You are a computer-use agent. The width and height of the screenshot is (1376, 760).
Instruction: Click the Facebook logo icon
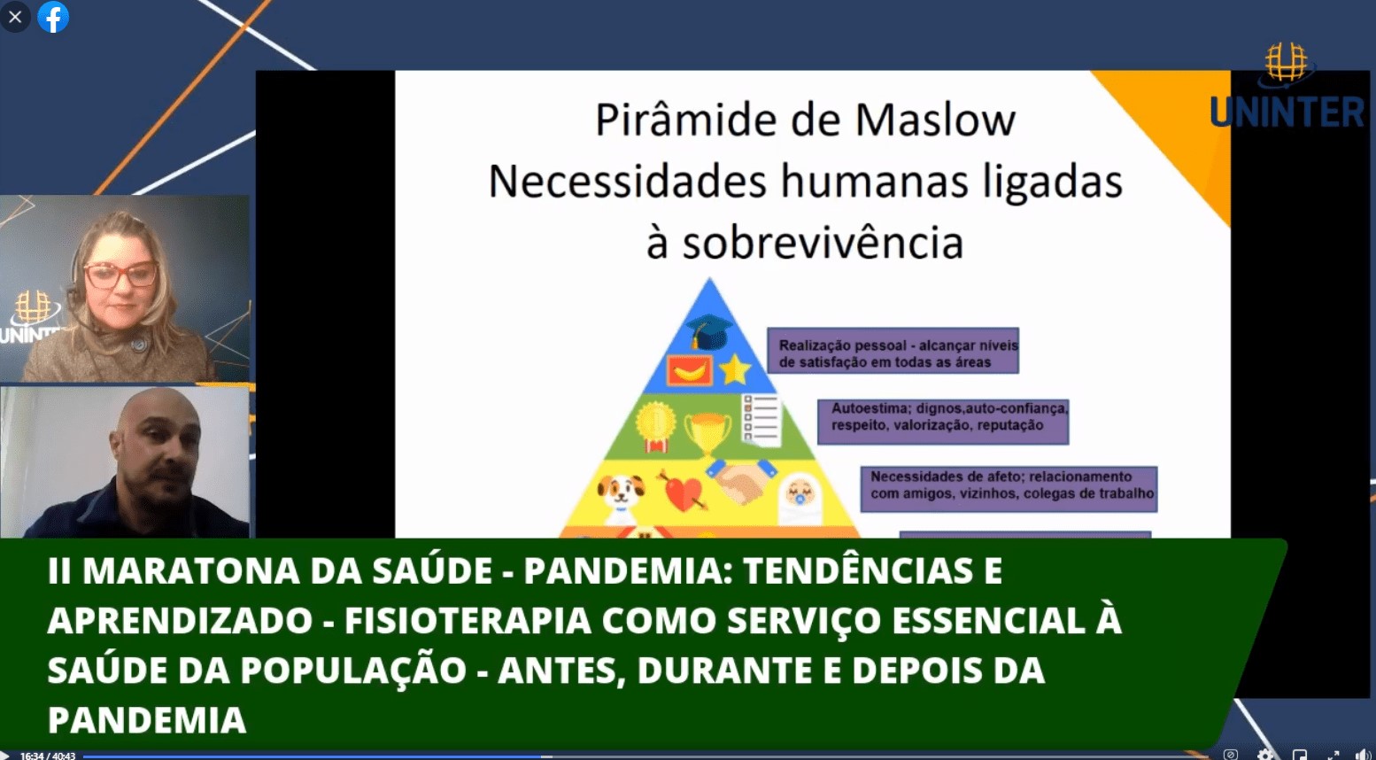coord(53,17)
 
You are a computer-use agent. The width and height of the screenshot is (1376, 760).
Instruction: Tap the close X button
coord(15,17)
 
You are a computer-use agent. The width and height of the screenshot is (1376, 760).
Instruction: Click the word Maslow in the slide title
coord(936,120)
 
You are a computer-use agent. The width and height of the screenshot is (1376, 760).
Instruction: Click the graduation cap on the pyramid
coord(708,332)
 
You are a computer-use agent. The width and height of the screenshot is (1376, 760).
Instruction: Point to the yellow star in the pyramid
coord(735,370)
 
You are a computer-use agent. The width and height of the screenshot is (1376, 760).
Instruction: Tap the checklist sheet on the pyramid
coord(761,420)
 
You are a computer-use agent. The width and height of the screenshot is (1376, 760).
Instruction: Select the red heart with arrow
coord(683,492)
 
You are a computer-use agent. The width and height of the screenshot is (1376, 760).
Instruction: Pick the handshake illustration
coord(741,479)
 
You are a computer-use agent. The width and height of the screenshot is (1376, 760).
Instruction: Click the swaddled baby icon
coord(800,499)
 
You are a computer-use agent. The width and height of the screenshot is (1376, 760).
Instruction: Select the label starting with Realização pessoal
coord(893,351)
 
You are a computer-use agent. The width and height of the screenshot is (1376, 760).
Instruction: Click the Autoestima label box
coord(943,422)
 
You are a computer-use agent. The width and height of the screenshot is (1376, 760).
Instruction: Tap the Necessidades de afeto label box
coord(1009,489)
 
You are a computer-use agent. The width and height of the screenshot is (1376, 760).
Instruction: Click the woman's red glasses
coord(120,275)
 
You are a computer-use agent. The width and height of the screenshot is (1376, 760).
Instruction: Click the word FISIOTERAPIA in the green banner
coord(468,621)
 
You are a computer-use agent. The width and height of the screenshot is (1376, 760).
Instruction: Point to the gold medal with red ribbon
coord(655,426)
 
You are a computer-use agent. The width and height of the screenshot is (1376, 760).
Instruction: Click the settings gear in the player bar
coord(1264,755)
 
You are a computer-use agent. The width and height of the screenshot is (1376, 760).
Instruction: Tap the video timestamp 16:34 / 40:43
coord(48,756)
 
